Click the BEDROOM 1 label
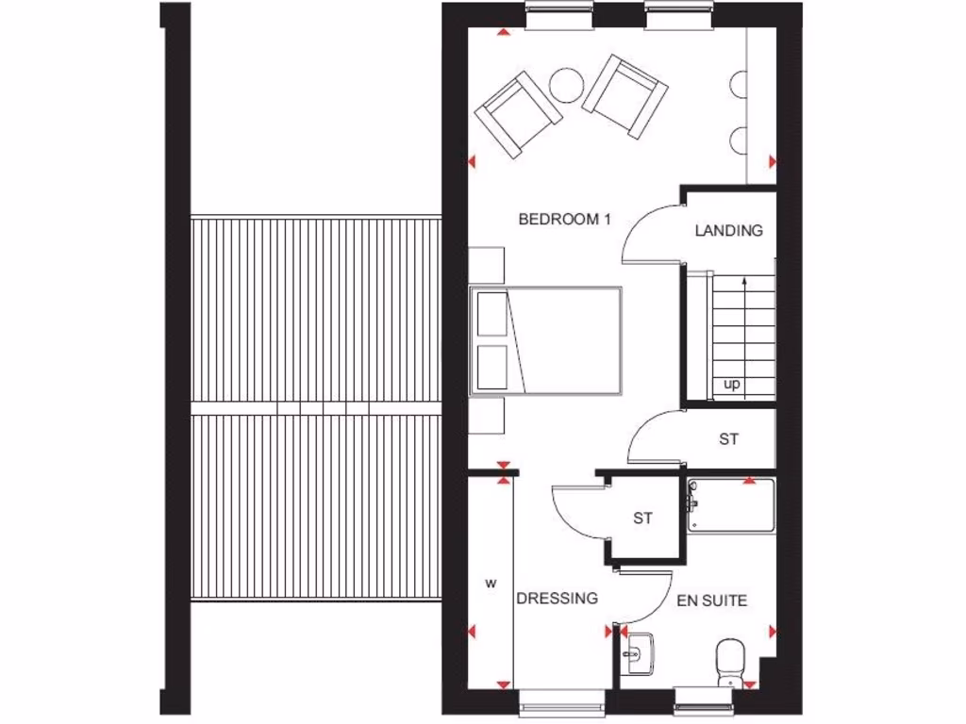pos(565,220)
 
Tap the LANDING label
pos(728,230)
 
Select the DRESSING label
pos(557,598)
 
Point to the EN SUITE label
pos(712,600)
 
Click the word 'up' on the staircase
pos(731,385)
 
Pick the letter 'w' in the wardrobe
pos(490,584)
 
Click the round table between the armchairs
pos(566,86)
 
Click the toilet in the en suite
pos(730,660)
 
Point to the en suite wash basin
pos(641,653)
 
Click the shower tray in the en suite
pos(731,506)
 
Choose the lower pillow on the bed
pos(491,367)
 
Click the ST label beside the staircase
pos(728,439)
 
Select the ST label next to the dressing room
pos(642,518)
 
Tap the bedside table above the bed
pos(487,263)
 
